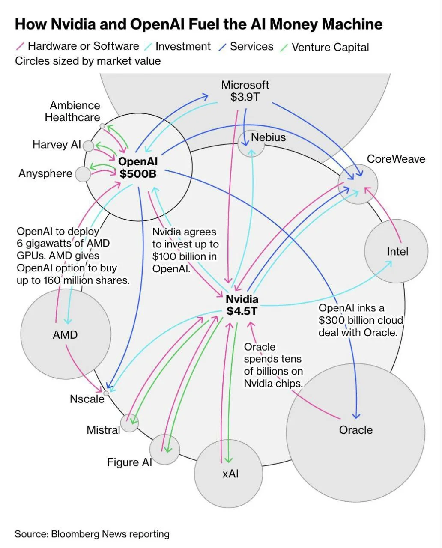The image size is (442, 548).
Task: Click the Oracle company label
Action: coord(355,430)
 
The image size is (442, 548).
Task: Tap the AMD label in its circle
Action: coord(65,334)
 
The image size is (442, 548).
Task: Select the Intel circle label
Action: coord(397,251)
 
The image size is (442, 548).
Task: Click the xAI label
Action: coord(230,474)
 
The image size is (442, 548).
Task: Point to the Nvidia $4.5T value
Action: coord(242,311)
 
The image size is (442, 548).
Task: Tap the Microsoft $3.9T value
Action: coord(245,97)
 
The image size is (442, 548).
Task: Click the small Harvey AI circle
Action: coord(88,146)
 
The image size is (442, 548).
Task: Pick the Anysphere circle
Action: coord(83,174)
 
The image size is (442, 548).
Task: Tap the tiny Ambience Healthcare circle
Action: coord(102,126)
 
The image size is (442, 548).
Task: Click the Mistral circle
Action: coord(129,423)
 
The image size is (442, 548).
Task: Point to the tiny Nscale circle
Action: coord(106,393)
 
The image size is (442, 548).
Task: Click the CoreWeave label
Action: coord(396,159)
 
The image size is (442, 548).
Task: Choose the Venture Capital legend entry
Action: coord(330,47)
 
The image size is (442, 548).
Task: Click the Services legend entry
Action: coord(251,46)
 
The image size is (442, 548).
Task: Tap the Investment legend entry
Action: coord(183,46)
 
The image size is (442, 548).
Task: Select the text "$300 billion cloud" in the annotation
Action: coord(361,320)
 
